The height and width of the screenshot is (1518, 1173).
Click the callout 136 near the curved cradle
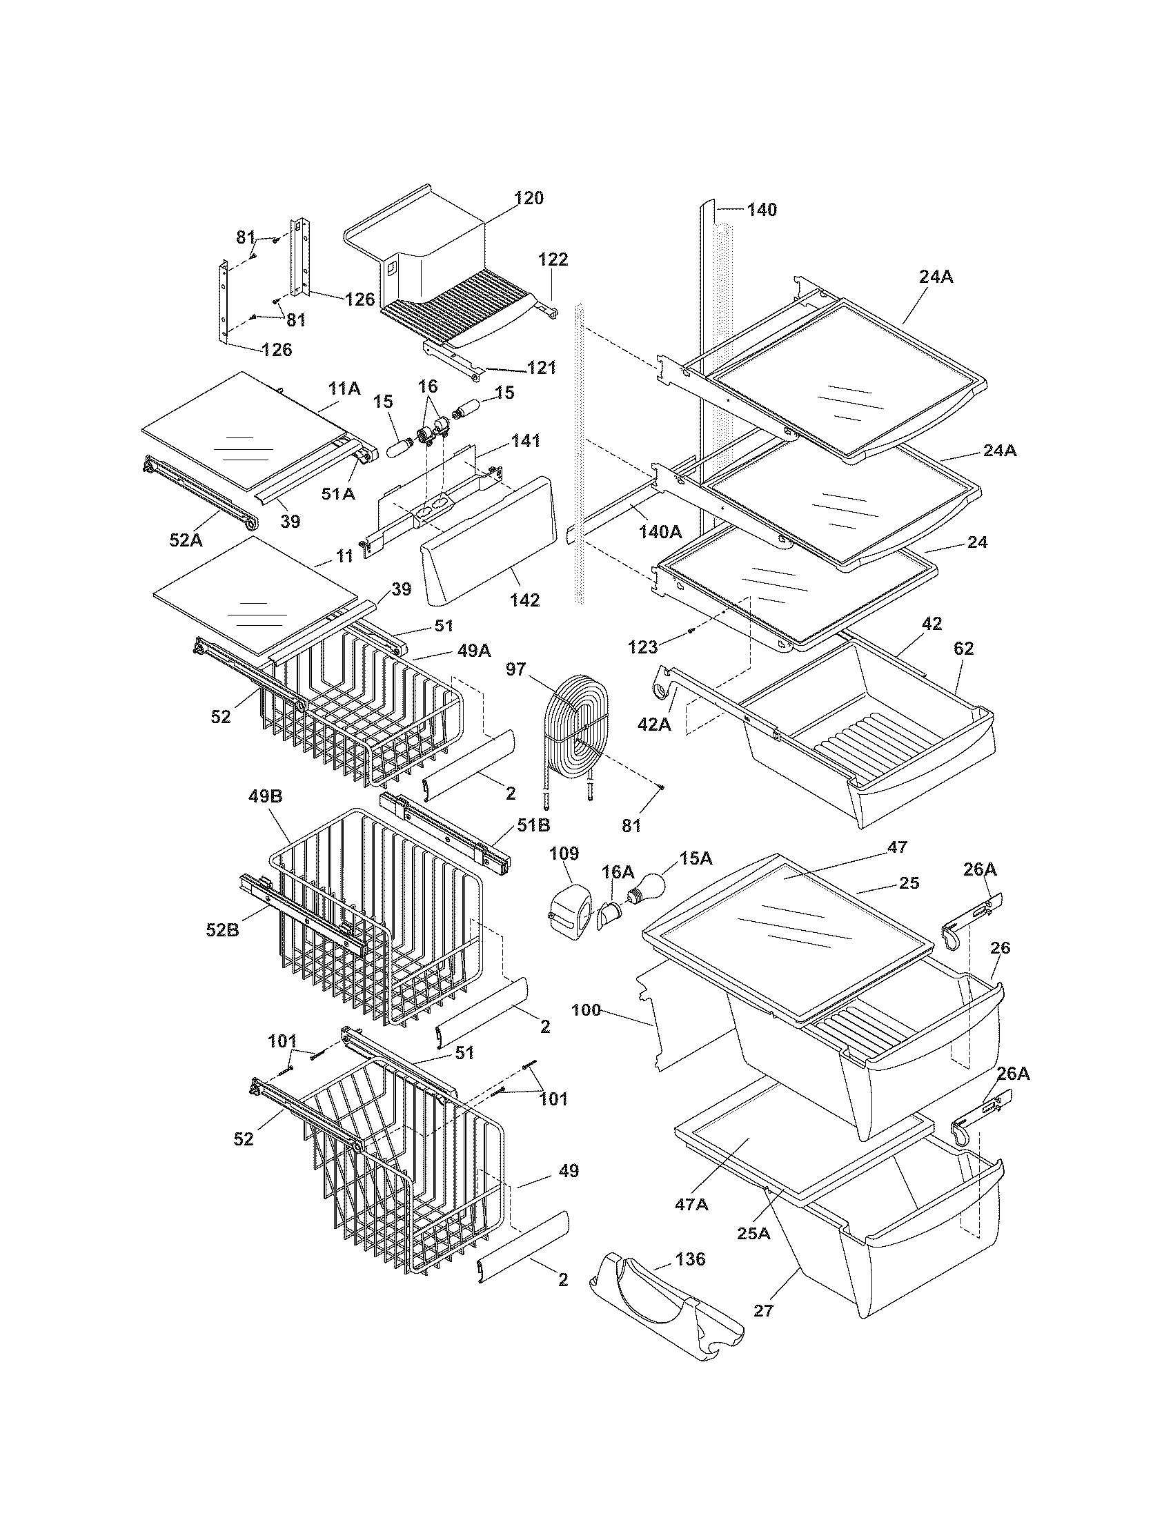click(689, 1259)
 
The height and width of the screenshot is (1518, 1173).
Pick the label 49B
click(265, 796)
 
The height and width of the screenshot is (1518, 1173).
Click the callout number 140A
click(660, 532)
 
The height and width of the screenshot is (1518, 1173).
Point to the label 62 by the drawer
click(963, 649)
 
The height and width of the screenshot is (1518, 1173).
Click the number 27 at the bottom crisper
click(762, 1311)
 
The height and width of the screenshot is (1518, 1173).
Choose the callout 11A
click(344, 388)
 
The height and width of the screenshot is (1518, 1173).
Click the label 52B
click(223, 929)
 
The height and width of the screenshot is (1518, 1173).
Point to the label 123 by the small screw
click(642, 647)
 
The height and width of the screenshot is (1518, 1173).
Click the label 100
click(586, 1010)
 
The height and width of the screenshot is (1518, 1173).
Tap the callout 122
click(553, 260)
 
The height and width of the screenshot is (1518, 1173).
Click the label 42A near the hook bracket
click(654, 724)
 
